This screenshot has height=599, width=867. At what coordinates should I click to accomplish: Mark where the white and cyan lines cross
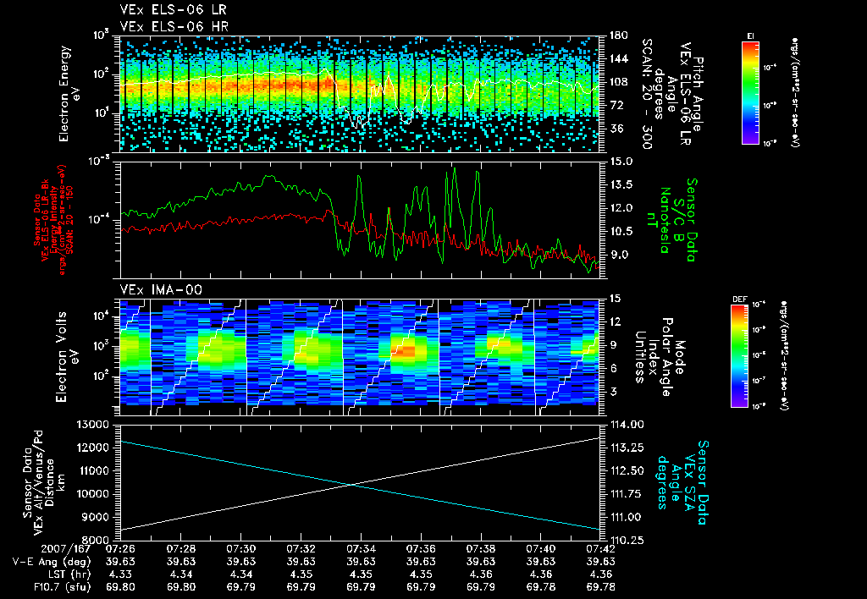pos(351,484)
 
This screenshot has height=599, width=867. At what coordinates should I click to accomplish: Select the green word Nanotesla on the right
pos(665,216)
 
